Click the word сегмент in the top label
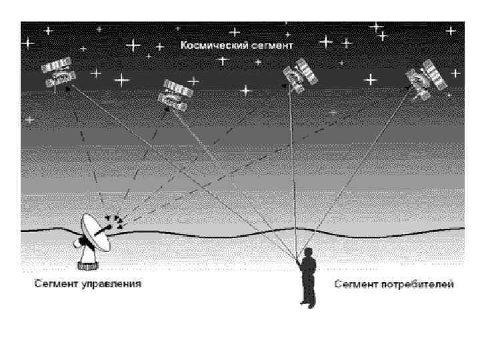(273, 46)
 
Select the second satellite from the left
(175, 94)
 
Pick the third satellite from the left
(298, 75)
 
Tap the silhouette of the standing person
(307, 277)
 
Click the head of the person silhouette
(308, 251)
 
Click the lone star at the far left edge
(29, 119)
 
